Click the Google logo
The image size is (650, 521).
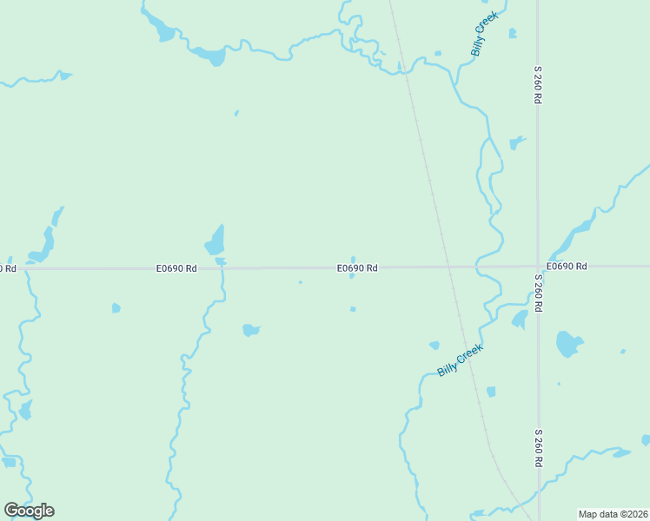tap(30, 510)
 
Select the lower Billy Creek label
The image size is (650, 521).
tap(460, 359)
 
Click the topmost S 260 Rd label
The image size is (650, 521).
tap(538, 85)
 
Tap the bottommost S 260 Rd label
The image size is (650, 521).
tap(538, 448)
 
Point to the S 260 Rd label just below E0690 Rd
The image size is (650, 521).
tap(538, 293)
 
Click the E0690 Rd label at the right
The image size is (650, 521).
tap(567, 266)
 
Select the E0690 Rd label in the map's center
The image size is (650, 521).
tap(357, 268)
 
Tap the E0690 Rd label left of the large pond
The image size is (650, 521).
tap(176, 268)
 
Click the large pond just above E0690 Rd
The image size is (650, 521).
tap(215, 241)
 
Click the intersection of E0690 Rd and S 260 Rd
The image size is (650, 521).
tap(538, 267)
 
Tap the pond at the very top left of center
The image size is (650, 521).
tap(162, 32)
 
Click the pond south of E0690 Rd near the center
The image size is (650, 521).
tap(250, 330)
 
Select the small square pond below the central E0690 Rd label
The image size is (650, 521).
tap(353, 309)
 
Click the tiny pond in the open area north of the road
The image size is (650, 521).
tap(236, 113)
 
